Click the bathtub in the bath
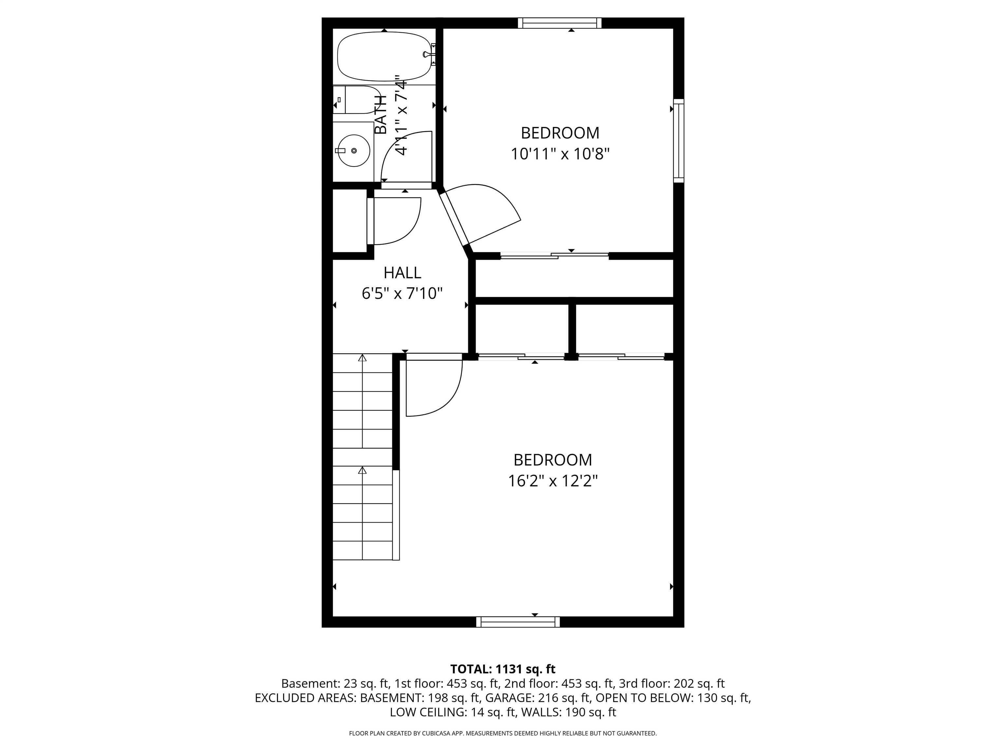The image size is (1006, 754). pos(384,56)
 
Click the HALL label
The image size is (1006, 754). pos(402,273)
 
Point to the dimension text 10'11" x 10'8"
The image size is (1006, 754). pos(560,154)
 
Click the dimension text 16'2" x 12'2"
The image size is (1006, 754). pos(552,481)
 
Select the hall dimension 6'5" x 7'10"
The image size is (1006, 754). pos(402,294)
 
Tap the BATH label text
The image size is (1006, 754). pos(381,115)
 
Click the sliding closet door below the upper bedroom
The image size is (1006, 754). pos(555,256)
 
